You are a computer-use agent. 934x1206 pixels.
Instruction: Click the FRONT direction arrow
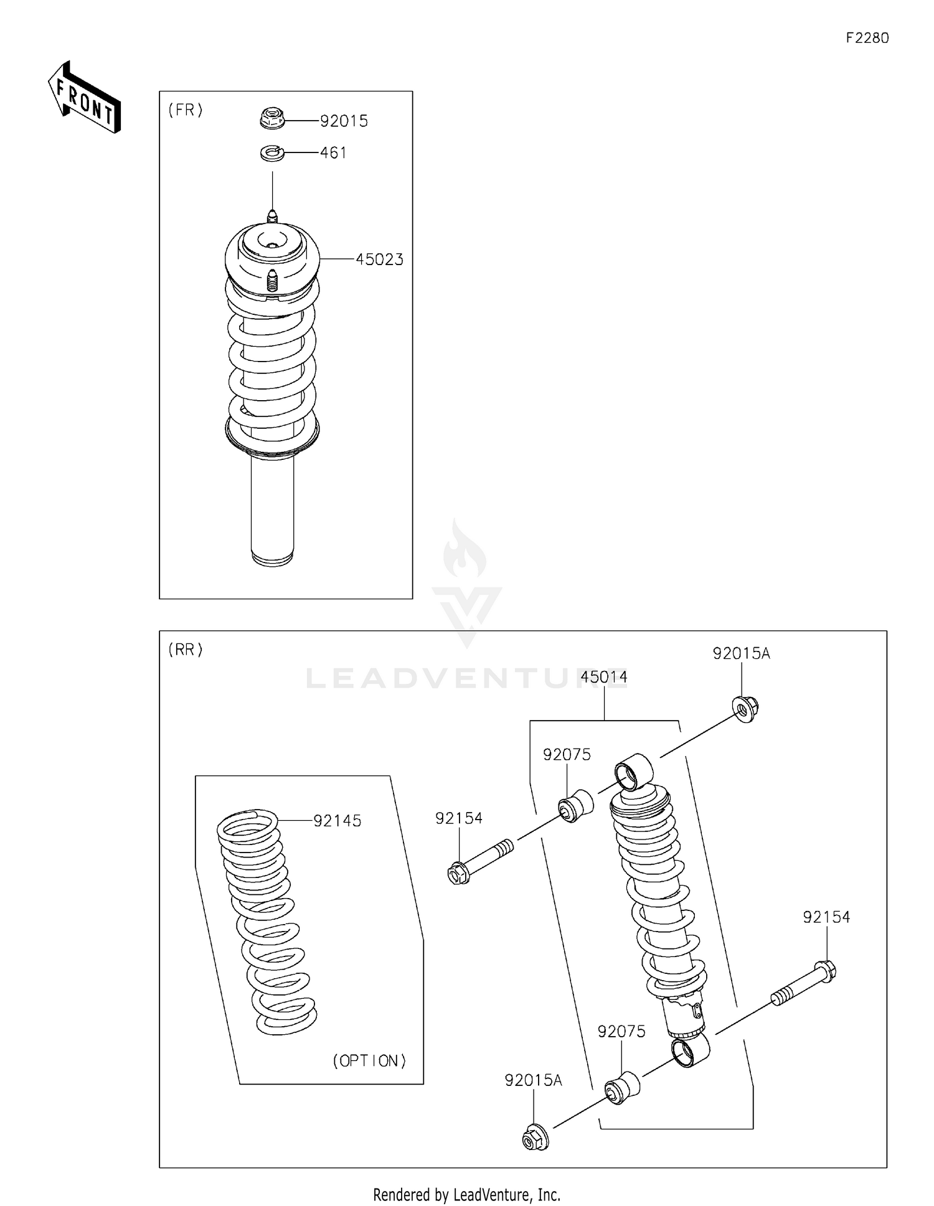coord(85,98)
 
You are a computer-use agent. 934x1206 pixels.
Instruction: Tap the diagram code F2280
coord(867,38)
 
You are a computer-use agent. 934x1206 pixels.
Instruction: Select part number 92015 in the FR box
coord(344,121)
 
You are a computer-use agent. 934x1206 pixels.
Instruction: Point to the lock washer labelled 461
coord(272,152)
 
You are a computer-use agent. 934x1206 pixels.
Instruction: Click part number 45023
coord(379,259)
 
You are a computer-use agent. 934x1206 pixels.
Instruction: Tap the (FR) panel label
coord(186,110)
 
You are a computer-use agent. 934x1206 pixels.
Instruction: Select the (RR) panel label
coord(186,650)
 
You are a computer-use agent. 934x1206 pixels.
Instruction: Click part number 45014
coord(604,677)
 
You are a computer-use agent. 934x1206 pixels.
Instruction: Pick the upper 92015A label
coord(741,653)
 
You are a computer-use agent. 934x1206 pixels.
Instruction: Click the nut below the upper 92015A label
coord(745,709)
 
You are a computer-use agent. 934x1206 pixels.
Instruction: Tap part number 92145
coord(337,821)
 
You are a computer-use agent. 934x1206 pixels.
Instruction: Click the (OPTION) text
coord(369,1060)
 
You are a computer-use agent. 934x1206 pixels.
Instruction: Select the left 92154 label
coord(459,818)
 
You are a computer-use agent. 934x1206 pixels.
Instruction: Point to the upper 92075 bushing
coord(576,806)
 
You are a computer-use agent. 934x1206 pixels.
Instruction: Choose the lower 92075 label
coord(621,1031)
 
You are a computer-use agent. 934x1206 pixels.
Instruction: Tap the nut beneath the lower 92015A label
coord(534,1138)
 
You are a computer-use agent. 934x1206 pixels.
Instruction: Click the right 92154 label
coord(826,917)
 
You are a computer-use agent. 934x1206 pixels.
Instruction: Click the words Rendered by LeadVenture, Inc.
coord(466,1194)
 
